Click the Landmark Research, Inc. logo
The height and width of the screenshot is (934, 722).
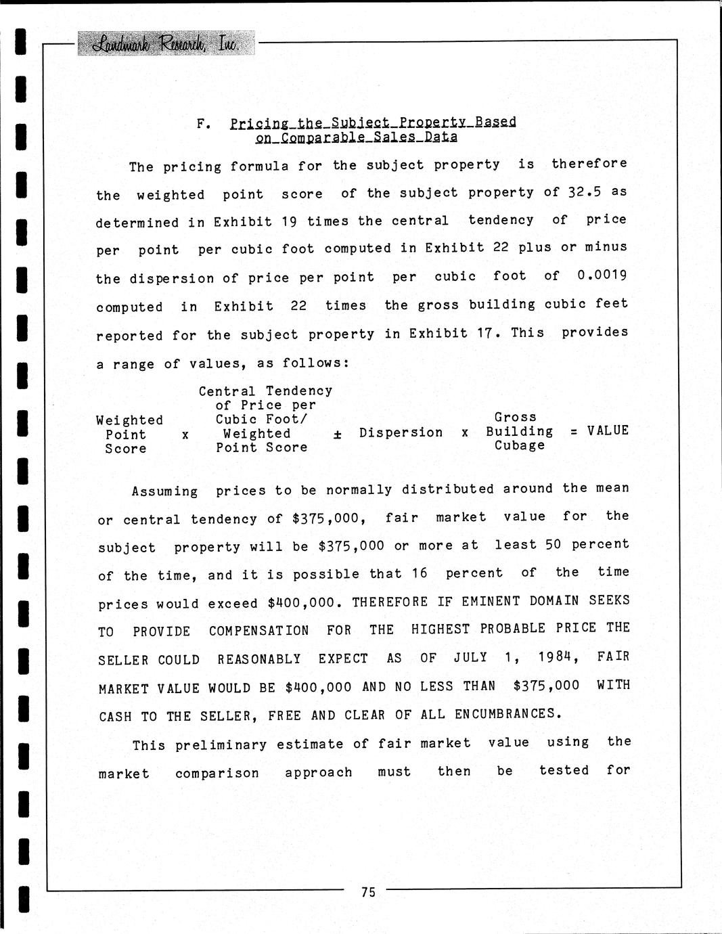(166, 44)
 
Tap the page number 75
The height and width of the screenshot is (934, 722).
(368, 892)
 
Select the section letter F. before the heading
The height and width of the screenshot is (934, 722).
(204, 124)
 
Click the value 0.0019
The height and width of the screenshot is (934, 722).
(602, 275)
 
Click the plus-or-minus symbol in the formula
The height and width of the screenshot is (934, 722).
(337, 435)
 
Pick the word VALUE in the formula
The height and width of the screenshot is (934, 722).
(608, 430)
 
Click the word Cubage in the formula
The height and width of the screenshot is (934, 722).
(519, 445)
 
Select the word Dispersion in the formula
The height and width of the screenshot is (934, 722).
(401, 432)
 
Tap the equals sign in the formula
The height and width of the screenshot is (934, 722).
(574, 431)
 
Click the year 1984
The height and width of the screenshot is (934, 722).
(558, 657)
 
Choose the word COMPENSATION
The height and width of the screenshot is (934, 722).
(258, 631)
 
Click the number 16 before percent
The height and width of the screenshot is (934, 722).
(420, 573)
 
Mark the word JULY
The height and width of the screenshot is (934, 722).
(470, 657)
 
